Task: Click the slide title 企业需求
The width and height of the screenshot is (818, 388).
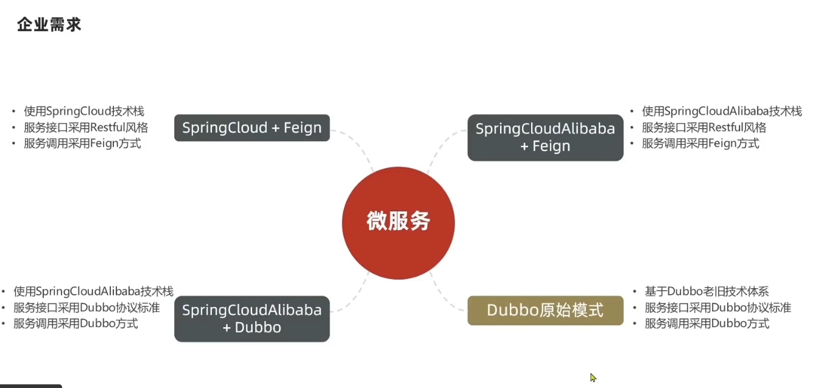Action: [49, 25]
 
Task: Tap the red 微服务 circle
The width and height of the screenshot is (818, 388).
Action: [398, 221]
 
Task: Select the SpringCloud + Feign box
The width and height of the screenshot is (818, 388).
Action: [252, 128]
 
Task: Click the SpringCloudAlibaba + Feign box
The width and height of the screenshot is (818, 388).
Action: [545, 138]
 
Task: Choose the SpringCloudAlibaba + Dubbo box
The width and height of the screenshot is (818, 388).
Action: [252, 319]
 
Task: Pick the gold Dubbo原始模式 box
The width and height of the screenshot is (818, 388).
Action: [545, 311]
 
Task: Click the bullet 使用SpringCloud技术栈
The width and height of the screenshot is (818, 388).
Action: [84, 111]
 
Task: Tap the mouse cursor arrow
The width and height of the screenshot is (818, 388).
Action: [593, 377]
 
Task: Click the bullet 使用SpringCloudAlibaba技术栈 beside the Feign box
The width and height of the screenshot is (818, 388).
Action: [722, 111]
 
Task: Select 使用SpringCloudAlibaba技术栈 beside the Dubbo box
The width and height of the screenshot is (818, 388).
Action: [93, 292]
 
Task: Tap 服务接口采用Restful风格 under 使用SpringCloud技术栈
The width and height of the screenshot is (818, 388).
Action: [86, 127]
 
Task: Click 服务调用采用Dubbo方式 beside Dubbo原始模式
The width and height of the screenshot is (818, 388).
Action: [707, 323]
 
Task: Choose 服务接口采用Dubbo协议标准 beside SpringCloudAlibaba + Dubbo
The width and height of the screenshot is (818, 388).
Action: [86, 308]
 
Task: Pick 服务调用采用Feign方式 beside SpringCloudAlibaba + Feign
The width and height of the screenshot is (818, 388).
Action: [700, 144]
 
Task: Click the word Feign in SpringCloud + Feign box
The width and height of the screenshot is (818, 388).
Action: [303, 128]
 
